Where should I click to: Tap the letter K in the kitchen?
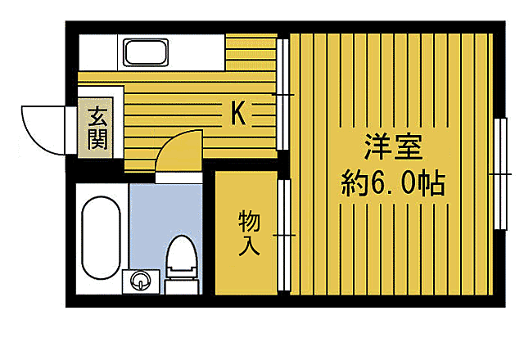point(237,112)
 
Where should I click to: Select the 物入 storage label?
point(248,232)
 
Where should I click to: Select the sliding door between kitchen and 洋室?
point(283,94)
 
